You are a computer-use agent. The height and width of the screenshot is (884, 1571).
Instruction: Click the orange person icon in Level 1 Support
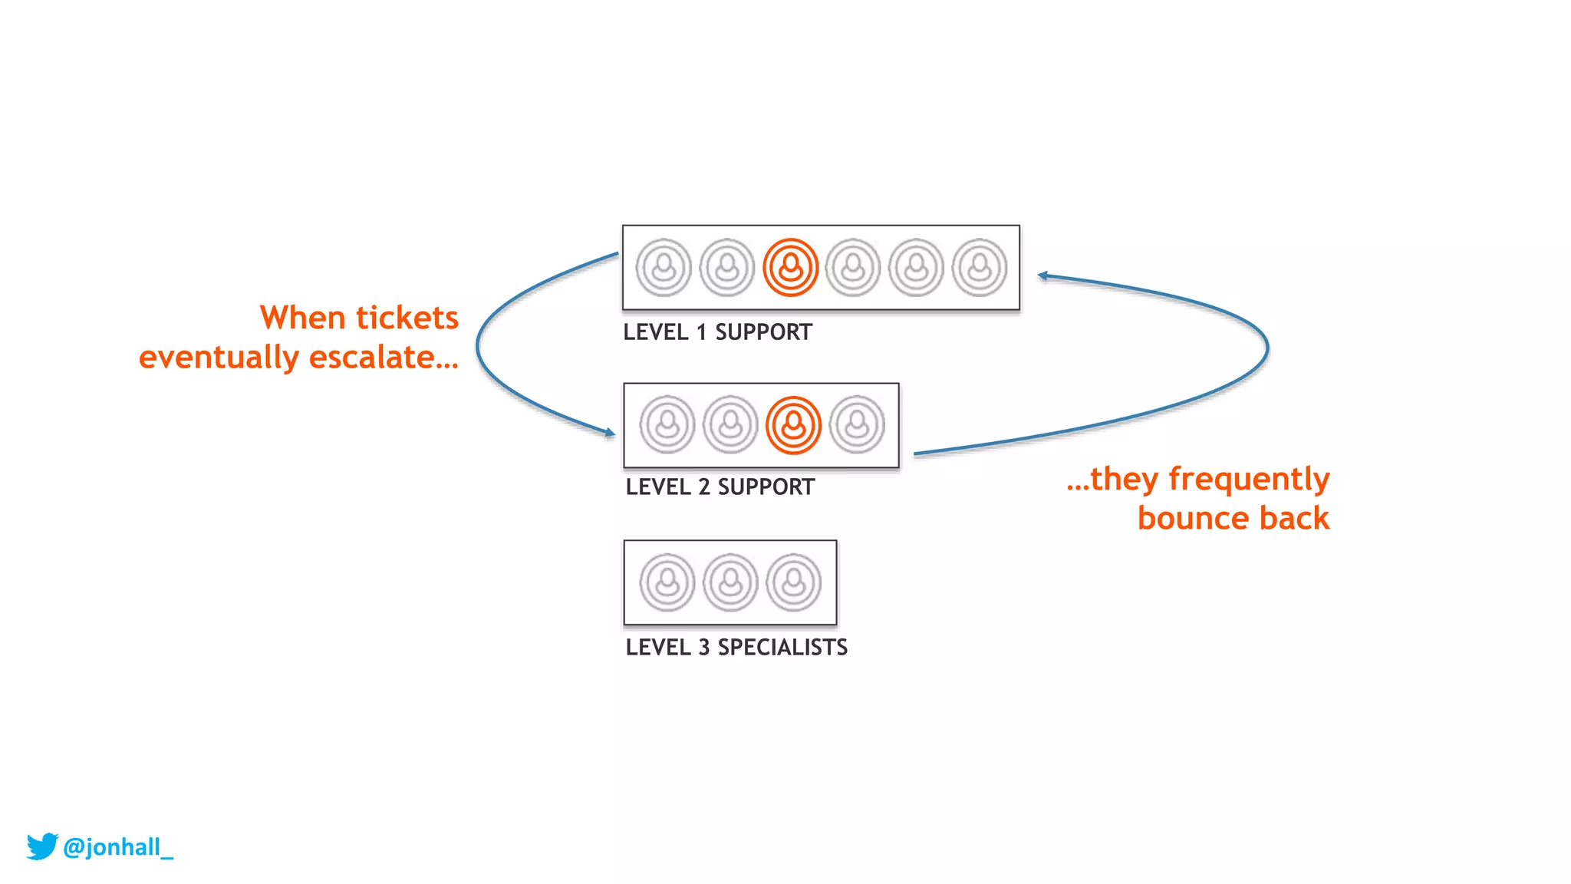click(790, 268)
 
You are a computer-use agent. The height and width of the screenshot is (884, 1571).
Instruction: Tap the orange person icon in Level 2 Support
click(793, 425)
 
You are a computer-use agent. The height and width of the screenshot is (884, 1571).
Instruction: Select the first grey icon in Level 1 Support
click(664, 268)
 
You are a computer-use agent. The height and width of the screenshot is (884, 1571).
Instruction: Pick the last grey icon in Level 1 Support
click(980, 268)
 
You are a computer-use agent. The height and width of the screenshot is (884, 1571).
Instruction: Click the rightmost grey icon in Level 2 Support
click(857, 425)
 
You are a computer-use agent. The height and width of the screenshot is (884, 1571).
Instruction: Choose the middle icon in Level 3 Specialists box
click(730, 582)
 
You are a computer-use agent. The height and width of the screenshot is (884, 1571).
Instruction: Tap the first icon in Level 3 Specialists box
click(667, 582)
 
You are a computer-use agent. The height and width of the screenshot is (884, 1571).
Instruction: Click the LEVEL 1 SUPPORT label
click(717, 332)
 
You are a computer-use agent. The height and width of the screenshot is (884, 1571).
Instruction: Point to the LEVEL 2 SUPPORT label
click(720, 487)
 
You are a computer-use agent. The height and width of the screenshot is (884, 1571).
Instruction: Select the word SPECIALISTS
click(782, 648)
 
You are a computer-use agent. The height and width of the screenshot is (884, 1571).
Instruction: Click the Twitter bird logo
click(42, 846)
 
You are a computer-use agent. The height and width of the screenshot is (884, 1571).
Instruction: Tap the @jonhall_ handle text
click(118, 847)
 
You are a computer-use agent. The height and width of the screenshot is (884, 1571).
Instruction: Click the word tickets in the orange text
click(407, 318)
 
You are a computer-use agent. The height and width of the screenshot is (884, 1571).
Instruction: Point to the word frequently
click(1249, 480)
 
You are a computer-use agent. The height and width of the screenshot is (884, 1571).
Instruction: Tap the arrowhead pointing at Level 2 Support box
click(610, 433)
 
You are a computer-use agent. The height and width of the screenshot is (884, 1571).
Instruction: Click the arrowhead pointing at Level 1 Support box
click(1042, 275)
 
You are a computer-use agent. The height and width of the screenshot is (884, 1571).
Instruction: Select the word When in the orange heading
click(302, 318)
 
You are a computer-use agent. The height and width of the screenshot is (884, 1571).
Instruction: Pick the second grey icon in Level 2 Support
click(730, 425)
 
